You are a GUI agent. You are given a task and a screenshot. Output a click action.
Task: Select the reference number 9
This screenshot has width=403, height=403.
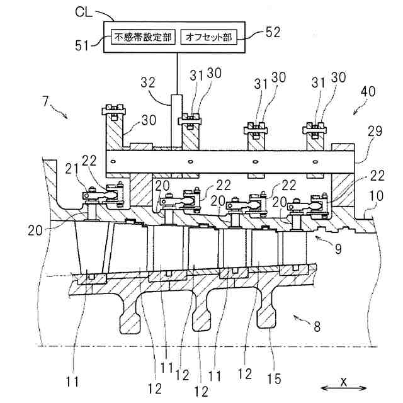(x=338, y=249)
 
